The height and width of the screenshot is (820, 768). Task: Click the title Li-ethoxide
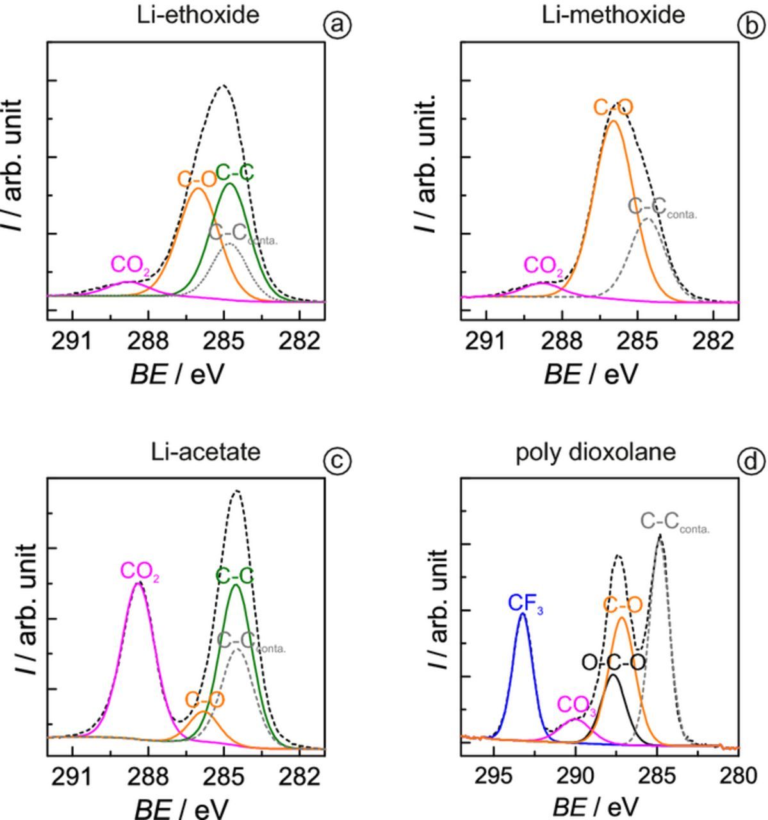(198, 15)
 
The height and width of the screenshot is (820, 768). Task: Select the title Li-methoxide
(613, 15)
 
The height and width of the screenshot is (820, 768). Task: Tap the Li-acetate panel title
(206, 452)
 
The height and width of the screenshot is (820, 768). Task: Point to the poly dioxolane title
(596, 452)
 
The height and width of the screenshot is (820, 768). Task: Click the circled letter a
(338, 26)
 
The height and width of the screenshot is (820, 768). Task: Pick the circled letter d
(751, 462)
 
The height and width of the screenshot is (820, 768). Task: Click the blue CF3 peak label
(525, 603)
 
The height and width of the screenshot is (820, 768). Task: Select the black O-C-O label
(613, 662)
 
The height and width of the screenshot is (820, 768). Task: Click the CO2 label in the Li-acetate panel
(140, 571)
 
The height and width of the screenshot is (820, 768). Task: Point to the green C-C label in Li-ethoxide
(234, 173)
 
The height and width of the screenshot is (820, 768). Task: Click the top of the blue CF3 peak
(523, 614)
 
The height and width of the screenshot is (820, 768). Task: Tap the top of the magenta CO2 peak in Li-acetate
(138, 583)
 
